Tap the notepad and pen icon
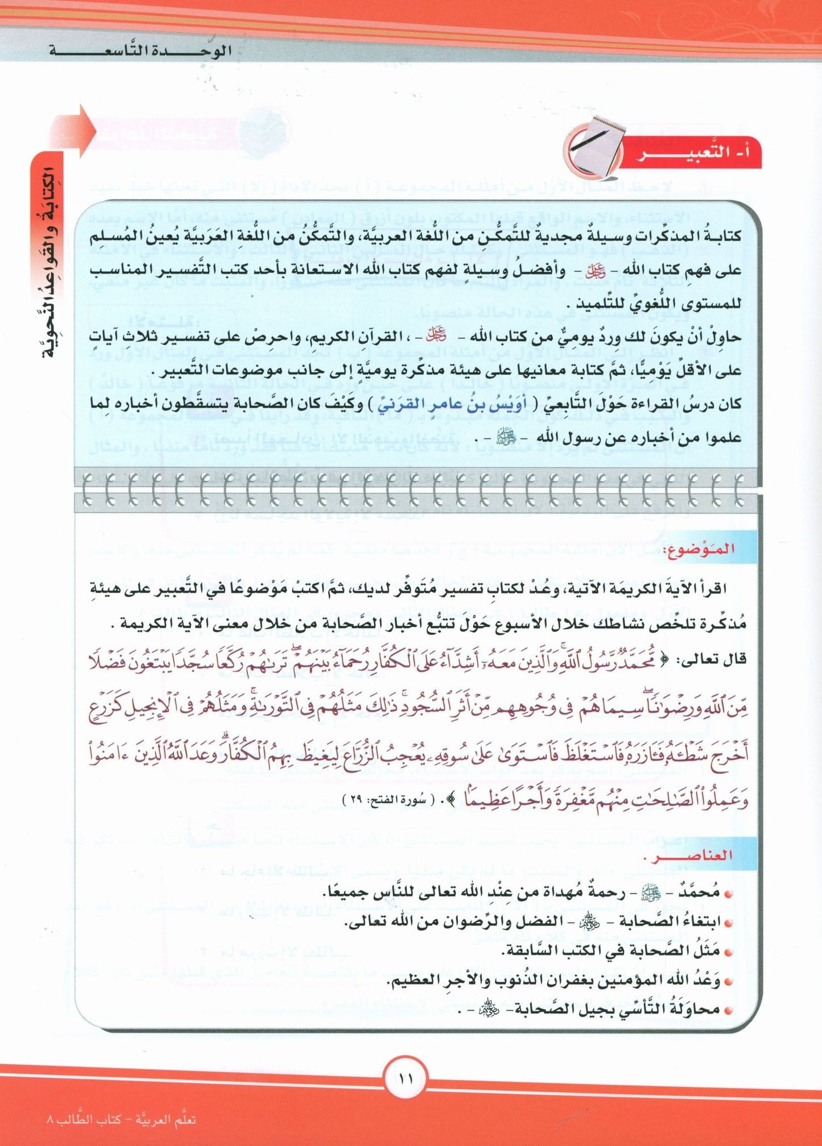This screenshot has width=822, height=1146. [592, 149]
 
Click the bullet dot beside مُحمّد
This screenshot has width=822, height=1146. [730, 893]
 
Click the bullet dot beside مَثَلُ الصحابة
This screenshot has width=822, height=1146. [730, 951]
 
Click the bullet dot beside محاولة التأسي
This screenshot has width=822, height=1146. [730, 1010]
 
